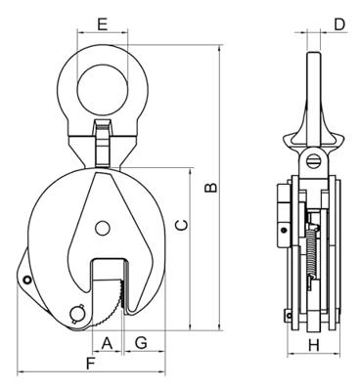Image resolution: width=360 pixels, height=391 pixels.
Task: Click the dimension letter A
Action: point(107,342)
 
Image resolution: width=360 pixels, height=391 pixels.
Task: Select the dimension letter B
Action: point(209,186)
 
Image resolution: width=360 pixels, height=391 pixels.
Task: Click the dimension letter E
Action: point(103,22)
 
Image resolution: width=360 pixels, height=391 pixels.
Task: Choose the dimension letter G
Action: point(142,342)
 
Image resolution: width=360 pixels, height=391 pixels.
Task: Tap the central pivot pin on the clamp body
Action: point(102,229)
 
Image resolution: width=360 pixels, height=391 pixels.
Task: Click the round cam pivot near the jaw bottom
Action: point(79,314)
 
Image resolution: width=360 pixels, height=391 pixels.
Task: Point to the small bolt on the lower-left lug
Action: point(28,283)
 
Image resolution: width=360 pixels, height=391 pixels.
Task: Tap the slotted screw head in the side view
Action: point(313,158)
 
